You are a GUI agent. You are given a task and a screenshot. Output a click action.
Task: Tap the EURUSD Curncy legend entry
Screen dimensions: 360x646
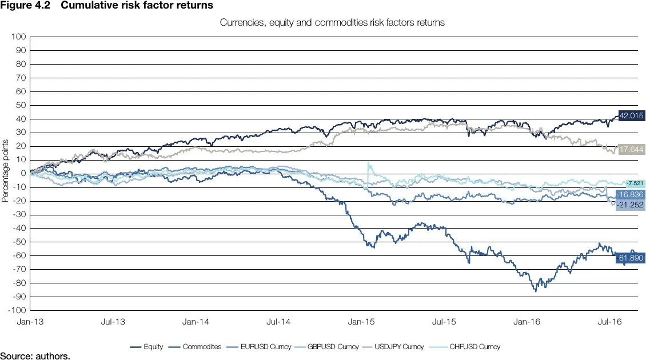[x=261, y=347]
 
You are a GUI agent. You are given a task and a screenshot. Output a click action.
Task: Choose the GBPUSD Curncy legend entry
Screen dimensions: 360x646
[x=329, y=347]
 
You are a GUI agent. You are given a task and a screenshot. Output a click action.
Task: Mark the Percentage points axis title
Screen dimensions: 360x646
[x=5, y=174]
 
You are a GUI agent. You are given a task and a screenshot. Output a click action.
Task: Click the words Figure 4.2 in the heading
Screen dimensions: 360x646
[x=21, y=5]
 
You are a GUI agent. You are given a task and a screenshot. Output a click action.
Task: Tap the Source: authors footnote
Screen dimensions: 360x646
[x=35, y=356]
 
